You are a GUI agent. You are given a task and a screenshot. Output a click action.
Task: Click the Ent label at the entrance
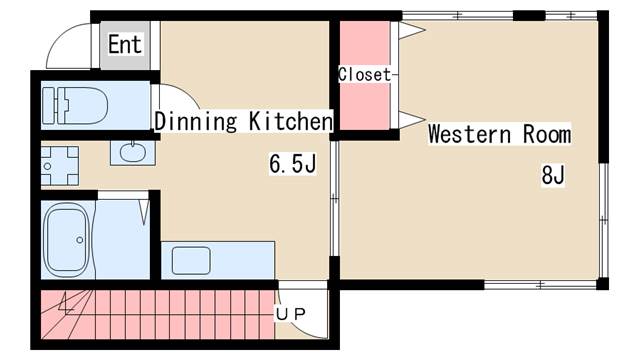125,44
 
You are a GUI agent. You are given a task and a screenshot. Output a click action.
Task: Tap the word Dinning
196,121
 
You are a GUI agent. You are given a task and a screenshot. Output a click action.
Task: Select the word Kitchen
291,120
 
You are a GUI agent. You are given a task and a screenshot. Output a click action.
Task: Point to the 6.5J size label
292,164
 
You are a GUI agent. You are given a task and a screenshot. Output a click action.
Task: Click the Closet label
364,74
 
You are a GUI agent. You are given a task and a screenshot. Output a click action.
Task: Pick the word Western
469,134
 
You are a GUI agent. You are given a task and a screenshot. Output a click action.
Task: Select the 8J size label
553,175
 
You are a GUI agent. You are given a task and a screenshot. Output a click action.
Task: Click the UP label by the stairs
290,314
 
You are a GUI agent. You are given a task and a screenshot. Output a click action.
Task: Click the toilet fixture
76,105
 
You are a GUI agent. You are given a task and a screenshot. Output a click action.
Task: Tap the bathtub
67,240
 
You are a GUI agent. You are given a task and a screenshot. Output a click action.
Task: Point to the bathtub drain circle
80,240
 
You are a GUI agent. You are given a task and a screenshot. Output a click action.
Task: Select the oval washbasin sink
133,153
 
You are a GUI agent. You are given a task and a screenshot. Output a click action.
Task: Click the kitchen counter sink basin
191,260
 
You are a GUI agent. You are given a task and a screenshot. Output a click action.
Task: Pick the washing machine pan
60,166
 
